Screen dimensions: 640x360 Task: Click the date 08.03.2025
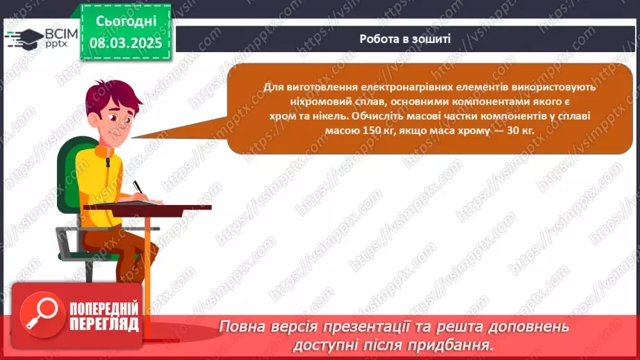tap(126, 43)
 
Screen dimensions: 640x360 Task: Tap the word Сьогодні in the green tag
tap(126, 22)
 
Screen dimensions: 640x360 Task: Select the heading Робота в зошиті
tap(405, 39)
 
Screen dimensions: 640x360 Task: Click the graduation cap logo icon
tap(25, 39)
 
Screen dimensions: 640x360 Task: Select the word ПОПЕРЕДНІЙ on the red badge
tap(104, 309)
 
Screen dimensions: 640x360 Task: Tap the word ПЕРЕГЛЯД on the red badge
tap(104, 325)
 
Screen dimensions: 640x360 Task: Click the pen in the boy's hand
tap(139, 188)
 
